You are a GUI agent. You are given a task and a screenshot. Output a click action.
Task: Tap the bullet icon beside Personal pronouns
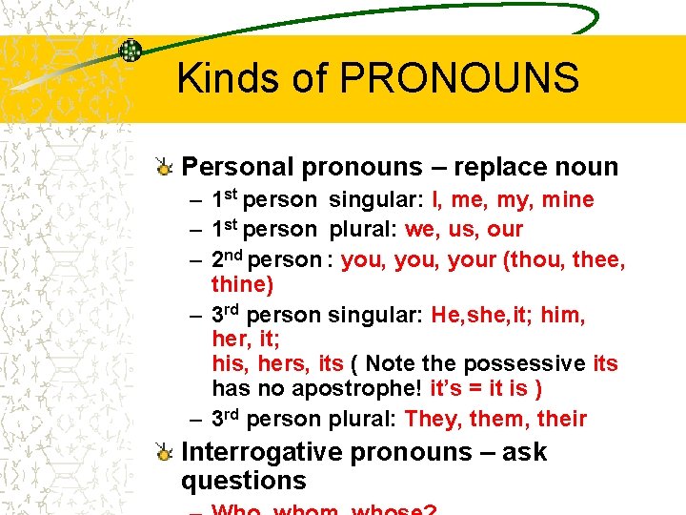165,168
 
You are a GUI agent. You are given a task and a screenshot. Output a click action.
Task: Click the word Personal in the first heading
238,168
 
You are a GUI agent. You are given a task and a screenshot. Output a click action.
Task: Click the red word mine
567,200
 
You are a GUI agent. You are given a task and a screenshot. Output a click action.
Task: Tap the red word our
505,229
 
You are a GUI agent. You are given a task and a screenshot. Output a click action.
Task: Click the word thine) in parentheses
243,285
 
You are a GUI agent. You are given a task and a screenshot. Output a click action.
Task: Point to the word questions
244,481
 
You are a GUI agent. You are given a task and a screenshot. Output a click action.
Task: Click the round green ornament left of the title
130,50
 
